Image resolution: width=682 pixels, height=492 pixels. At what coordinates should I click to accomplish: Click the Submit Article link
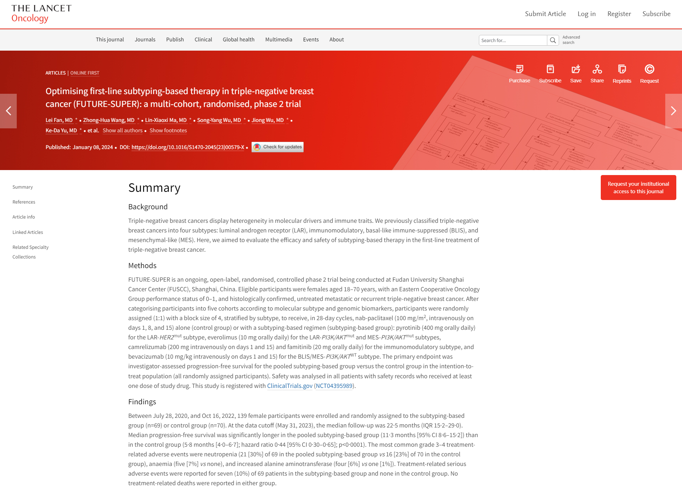tap(545, 14)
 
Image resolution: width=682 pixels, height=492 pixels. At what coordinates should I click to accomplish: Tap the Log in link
tap(587, 14)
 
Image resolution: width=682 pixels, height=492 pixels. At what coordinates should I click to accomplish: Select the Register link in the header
tap(619, 14)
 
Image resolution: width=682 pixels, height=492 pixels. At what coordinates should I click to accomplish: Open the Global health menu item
tap(238, 40)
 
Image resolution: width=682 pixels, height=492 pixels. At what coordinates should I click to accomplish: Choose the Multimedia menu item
tap(279, 40)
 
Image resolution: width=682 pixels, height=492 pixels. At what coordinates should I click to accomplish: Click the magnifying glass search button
tap(553, 40)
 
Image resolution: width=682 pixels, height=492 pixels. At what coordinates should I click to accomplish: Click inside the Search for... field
tap(512, 40)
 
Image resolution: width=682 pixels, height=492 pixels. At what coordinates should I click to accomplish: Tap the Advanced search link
tap(571, 40)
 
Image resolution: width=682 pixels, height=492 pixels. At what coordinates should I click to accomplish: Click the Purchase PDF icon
tap(520, 69)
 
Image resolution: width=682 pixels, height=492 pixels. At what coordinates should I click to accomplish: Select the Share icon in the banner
tap(597, 69)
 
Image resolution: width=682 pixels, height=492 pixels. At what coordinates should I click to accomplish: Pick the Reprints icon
tap(622, 69)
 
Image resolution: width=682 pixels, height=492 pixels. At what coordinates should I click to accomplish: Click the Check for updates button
tap(278, 147)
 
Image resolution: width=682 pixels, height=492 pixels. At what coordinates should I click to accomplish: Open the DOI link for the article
tap(188, 147)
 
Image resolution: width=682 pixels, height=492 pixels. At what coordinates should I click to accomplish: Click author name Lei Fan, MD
tap(59, 120)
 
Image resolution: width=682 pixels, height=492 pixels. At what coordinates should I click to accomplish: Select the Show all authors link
tap(123, 130)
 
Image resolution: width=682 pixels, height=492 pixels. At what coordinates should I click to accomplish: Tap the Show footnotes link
tap(168, 130)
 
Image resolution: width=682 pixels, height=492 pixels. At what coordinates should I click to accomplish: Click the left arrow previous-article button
tap(9, 111)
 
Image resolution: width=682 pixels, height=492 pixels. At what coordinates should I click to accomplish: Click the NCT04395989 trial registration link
tap(334, 386)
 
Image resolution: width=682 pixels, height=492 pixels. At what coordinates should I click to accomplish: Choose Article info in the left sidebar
tap(24, 217)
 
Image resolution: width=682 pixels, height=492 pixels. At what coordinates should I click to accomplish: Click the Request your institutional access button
tap(638, 188)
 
